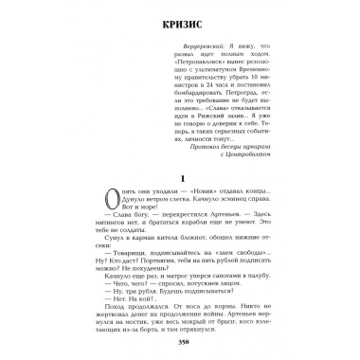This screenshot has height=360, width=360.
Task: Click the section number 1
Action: tap(180, 207)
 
